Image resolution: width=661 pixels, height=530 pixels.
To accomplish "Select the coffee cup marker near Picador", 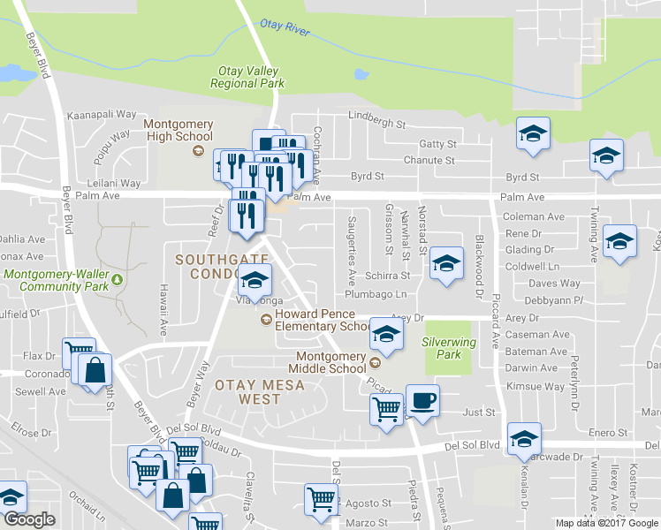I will (x=422, y=400).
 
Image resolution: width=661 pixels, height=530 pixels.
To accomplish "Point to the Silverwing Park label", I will (x=449, y=348).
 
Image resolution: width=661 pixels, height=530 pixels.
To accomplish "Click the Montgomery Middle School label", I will (x=330, y=362).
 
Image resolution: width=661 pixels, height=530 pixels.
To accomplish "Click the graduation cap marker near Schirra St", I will (x=447, y=262).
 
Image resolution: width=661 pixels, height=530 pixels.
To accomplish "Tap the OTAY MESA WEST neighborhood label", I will (x=247, y=392).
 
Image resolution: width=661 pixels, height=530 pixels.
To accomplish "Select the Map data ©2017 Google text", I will (x=606, y=523).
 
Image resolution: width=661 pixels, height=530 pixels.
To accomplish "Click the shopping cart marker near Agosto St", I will (x=321, y=497).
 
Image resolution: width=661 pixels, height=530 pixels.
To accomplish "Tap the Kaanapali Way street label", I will (x=103, y=115).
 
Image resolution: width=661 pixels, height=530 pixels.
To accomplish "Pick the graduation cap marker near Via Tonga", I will (x=255, y=281).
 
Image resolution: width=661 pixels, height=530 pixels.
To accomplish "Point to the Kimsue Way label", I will (x=536, y=387).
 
